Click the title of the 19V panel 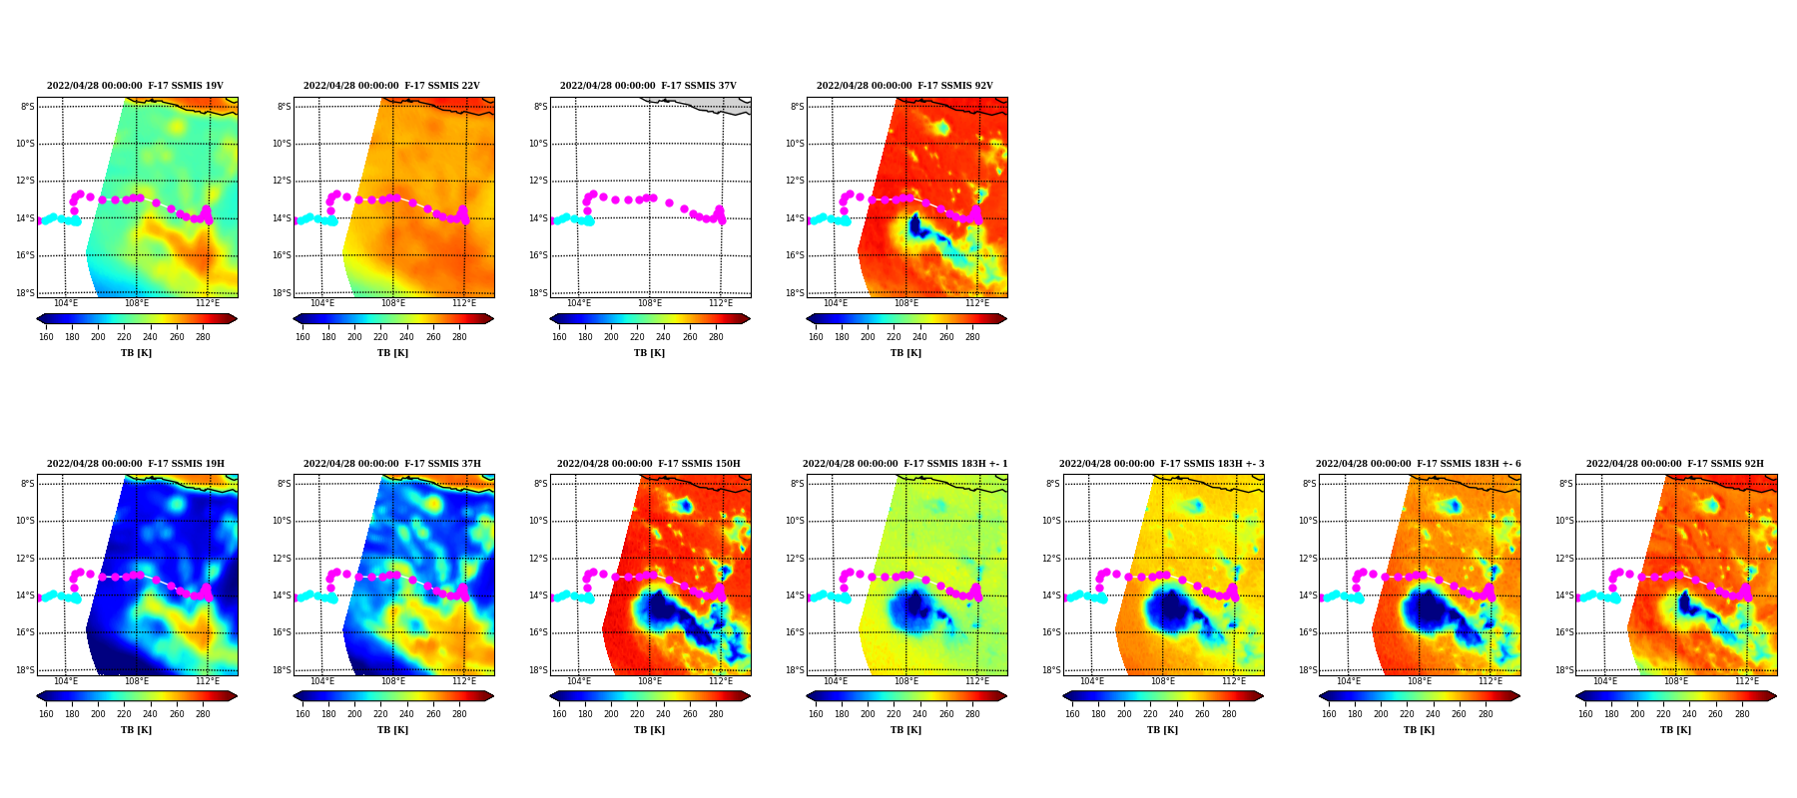click(135, 86)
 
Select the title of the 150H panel click(649, 464)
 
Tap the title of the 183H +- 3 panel click(1162, 464)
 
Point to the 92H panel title click(1675, 464)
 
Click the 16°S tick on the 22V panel click(282, 255)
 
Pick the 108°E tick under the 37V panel click(650, 303)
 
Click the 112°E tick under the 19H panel click(208, 681)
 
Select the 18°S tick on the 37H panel click(282, 670)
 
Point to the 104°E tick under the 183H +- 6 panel click(1349, 681)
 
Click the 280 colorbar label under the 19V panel click(203, 337)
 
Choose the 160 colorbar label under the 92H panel click(1585, 714)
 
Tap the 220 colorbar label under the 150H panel click(637, 714)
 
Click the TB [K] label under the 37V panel click(649, 353)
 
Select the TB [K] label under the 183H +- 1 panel click(905, 730)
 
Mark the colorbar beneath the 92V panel click(906, 319)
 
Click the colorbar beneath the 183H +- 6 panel click(1419, 696)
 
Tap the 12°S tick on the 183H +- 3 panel click(1052, 559)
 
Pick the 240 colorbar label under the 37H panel click(406, 714)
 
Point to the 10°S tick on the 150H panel click(538, 521)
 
